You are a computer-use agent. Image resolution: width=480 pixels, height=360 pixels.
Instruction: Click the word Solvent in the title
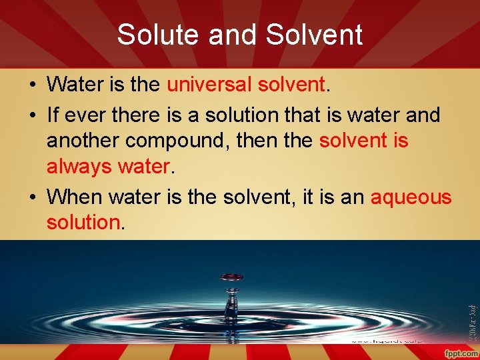[x=315, y=35]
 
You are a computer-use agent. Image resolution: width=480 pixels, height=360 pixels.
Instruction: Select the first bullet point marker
[x=32, y=85]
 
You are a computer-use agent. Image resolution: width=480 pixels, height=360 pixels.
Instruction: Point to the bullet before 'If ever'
[x=32, y=115]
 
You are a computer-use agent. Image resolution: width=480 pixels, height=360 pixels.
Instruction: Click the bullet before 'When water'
[x=32, y=197]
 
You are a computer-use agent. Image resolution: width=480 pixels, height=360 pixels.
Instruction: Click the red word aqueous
[x=411, y=197]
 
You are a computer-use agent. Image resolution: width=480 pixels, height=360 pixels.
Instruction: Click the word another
[x=83, y=141]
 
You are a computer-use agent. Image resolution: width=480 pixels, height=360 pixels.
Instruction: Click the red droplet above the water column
[x=232, y=277]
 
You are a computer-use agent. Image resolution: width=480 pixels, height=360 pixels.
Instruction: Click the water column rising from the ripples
[x=231, y=304]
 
